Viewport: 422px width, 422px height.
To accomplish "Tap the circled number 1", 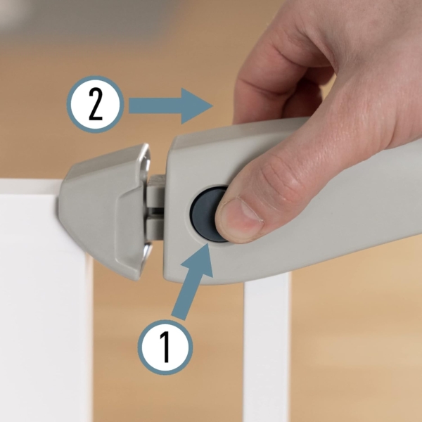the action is tap(165, 347).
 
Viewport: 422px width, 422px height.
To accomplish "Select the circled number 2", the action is tap(95, 104).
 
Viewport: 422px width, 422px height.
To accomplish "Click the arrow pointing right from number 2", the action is tap(171, 105).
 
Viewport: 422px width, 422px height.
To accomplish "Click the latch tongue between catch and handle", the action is tap(156, 207).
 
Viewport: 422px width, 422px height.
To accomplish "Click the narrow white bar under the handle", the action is tap(267, 350).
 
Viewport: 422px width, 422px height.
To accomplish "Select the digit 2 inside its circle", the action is tap(96, 105).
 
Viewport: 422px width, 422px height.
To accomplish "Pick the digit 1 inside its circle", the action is tap(165, 347).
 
